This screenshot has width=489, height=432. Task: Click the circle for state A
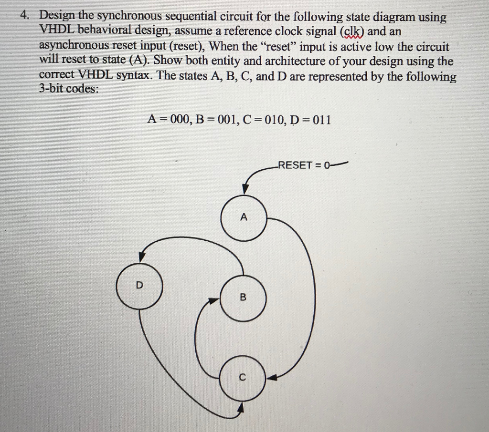coord(244,217)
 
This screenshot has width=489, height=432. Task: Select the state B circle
coord(243,297)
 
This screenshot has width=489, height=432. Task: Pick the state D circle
coord(139,286)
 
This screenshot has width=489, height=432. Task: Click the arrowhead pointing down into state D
coord(141,257)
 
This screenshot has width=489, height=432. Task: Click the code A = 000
coord(169,120)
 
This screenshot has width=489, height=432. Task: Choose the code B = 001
coord(214,120)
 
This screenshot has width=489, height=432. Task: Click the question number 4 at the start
coord(24,16)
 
